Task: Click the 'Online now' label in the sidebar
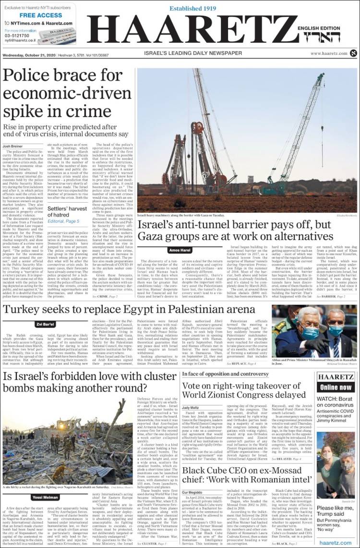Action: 336,387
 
